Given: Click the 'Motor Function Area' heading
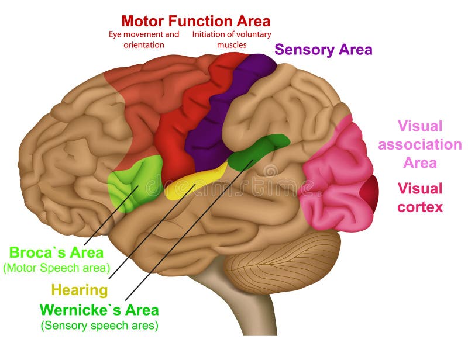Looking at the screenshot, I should coord(196,21).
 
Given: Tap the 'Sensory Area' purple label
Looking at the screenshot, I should coord(323,50).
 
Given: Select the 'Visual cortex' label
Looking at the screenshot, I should coord(420,198).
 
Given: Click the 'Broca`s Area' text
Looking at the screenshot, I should coord(56,253).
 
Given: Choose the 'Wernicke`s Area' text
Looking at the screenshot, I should coord(99,309).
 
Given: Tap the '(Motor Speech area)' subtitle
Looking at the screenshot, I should coord(56,268).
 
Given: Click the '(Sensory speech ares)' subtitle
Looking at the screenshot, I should coord(99,326).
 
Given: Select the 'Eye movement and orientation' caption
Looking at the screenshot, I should coord(144,39).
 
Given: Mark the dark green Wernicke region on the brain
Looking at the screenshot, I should coord(257,150).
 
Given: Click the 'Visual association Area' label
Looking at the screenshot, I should coord(420,144).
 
